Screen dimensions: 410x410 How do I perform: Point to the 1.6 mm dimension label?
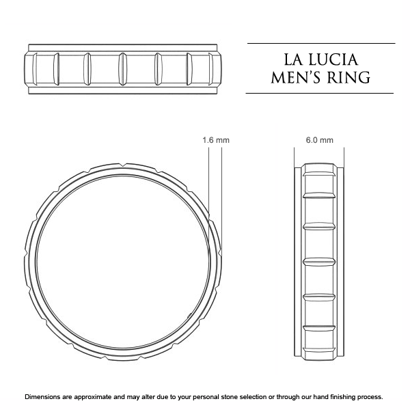click(216, 140)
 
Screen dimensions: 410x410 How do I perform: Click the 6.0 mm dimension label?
click(319, 140)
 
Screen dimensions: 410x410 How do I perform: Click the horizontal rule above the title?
click(320, 43)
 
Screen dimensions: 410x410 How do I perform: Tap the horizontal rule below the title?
click(320, 93)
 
